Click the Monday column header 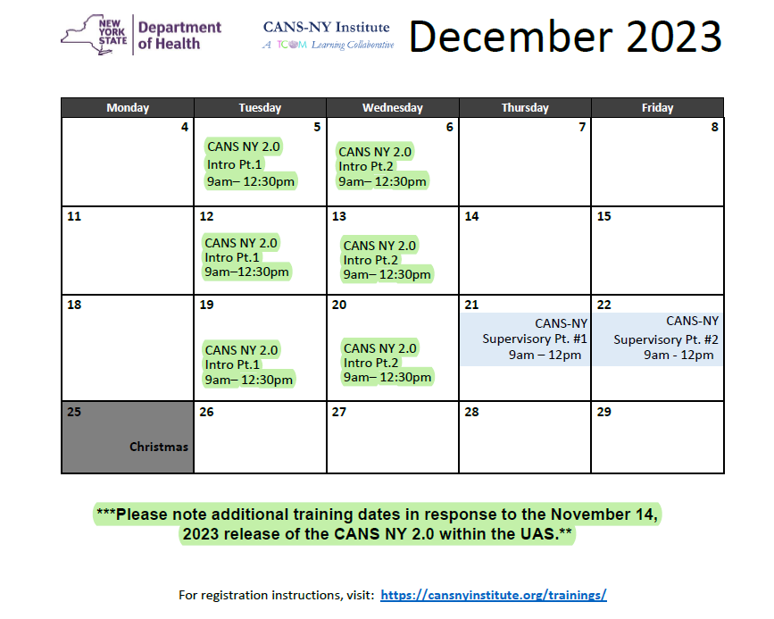click(x=128, y=108)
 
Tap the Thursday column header click(x=525, y=108)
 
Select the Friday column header click(x=657, y=108)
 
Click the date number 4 click(x=185, y=127)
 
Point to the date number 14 click(x=471, y=216)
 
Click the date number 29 click(x=603, y=412)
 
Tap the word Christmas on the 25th click(x=158, y=447)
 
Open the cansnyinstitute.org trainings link click(x=493, y=595)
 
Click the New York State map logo click(x=94, y=35)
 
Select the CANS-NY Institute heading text click(x=326, y=27)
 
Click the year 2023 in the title click(x=674, y=36)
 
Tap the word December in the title click(x=511, y=36)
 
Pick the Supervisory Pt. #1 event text click(x=534, y=339)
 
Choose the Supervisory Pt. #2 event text click(x=665, y=340)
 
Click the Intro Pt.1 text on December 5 click(x=234, y=164)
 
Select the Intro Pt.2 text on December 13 click(x=370, y=260)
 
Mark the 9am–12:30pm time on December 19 click(x=249, y=380)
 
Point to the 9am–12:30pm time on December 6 click(x=382, y=182)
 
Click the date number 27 click(x=339, y=412)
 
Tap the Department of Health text click(x=179, y=35)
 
